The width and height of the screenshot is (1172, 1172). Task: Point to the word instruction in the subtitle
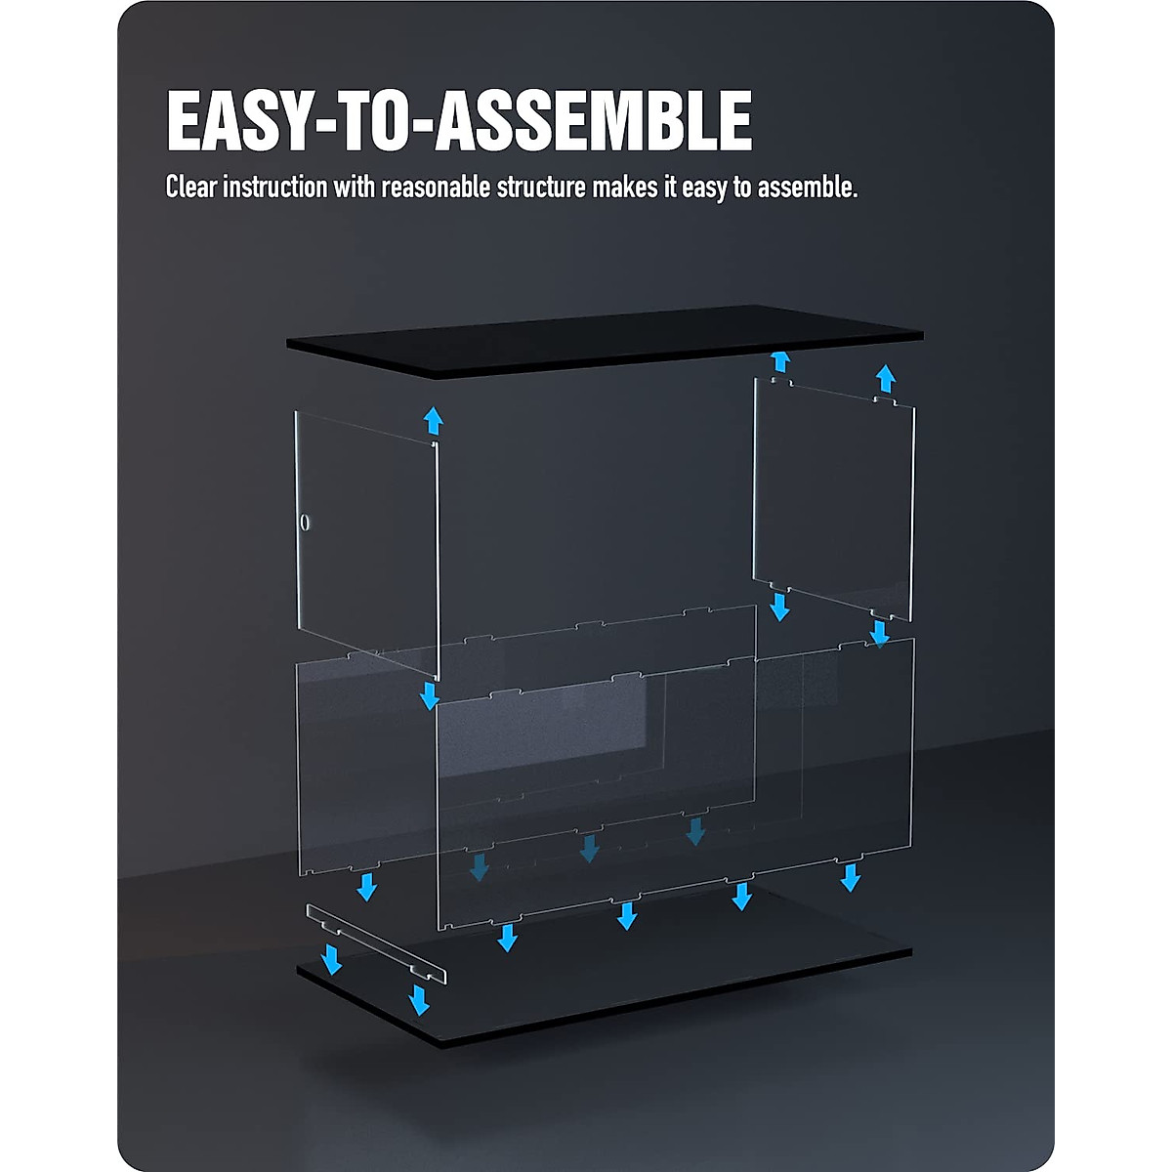275,187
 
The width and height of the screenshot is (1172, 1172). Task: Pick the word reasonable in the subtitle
437,187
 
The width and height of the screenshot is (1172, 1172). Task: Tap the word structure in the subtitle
541,187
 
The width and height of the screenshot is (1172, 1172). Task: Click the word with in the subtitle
355,187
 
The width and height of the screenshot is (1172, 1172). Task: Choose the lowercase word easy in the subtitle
704,187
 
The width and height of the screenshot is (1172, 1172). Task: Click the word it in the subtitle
670,187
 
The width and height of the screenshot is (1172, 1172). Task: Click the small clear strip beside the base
376,943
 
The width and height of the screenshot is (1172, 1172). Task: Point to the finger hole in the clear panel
305,523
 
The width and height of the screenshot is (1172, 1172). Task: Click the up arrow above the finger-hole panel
434,422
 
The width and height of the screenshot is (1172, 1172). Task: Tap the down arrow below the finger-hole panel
429,695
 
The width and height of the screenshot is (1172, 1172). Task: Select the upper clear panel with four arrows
833,498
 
